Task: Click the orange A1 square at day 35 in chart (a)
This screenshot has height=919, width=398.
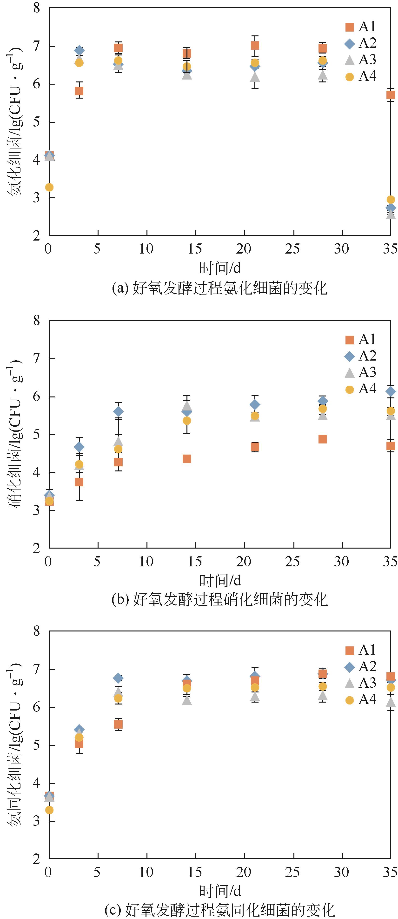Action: [x=391, y=94]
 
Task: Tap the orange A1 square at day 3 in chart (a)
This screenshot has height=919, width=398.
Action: [x=79, y=91]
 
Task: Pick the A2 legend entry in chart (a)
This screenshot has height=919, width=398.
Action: [x=360, y=43]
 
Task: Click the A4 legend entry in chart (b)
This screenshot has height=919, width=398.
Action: [x=360, y=389]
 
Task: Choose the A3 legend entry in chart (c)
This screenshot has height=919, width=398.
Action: [x=360, y=683]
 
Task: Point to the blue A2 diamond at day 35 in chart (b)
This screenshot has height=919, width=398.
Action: [x=391, y=392]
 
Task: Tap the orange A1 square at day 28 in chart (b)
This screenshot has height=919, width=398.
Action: [x=322, y=439]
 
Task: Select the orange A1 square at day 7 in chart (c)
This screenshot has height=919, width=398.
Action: [x=118, y=724]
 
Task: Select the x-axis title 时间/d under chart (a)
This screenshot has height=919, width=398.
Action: [x=220, y=268]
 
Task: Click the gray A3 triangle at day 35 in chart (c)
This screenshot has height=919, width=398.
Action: [x=391, y=702]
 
